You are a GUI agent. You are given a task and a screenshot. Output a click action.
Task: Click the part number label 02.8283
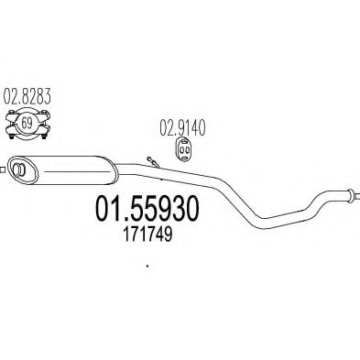(x=27, y=94)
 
